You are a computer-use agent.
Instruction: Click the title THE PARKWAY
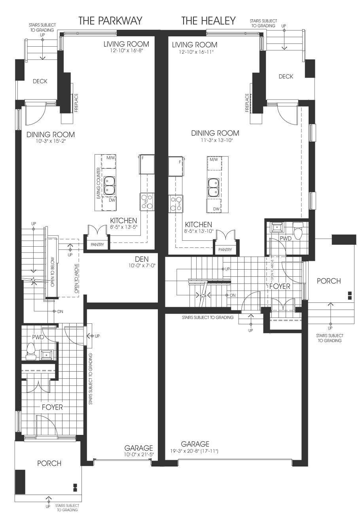[110, 21]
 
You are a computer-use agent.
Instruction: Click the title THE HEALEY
[208, 21]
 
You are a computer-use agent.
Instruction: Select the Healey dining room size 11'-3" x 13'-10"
[215, 140]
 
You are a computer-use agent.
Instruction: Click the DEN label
[142, 259]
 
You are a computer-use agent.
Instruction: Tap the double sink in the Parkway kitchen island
[109, 186]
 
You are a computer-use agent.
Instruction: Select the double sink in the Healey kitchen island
[213, 187]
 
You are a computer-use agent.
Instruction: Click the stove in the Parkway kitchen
[147, 202]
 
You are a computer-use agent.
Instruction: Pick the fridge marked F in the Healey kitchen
[176, 166]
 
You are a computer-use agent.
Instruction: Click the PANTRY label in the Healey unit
[225, 249]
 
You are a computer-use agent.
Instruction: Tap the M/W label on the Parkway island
[110, 158]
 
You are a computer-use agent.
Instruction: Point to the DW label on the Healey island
[216, 209]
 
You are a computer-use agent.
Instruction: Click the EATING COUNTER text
[99, 183]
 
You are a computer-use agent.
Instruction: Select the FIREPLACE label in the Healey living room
[247, 103]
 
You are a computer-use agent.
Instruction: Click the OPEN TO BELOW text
[53, 272]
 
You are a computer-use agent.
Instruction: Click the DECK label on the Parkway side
[40, 81]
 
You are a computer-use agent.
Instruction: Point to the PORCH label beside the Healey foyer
[329, 281]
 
